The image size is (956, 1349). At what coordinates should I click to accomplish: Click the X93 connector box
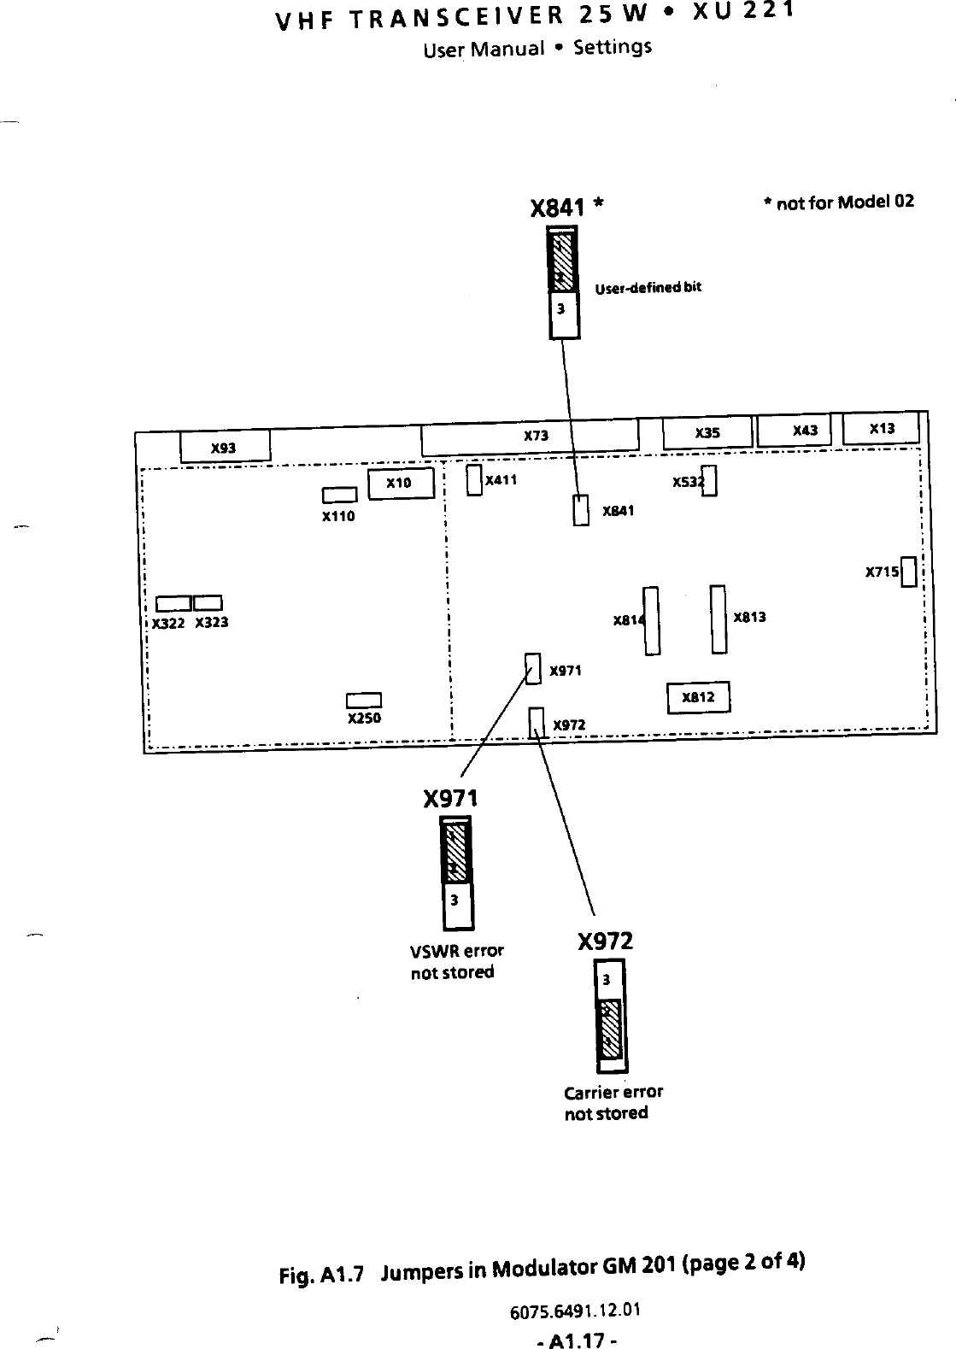coord(225,447)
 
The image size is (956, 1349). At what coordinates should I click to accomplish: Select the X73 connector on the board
coord(530,437)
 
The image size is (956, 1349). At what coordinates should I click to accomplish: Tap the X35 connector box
coord(707,433)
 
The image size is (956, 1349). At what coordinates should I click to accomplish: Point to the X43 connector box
coord(795,430)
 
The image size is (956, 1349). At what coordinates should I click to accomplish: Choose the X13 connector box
coord(881,428)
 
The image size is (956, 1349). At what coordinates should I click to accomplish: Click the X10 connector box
coord(400,484)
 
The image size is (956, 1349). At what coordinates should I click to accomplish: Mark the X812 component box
coord(698,697)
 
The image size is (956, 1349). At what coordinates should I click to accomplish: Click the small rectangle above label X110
coord(339,496)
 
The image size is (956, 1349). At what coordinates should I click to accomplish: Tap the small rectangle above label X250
coord(364,701)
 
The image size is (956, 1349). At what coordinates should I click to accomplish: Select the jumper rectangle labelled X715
coord(909,572)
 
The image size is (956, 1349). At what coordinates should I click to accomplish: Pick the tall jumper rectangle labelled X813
coord(718,619)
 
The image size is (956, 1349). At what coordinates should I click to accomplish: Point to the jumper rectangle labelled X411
coord(474,479)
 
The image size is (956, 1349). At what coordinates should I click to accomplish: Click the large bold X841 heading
coord(558,208)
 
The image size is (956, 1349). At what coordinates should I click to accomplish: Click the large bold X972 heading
coord(605,941)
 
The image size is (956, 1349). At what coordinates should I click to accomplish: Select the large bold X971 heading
coord(451,799)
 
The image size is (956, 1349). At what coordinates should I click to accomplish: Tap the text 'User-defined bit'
coord(648,287)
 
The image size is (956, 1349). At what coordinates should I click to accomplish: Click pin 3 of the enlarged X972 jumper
coord(607,980)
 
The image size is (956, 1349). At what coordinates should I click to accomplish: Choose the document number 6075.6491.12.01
coord(575,1311)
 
